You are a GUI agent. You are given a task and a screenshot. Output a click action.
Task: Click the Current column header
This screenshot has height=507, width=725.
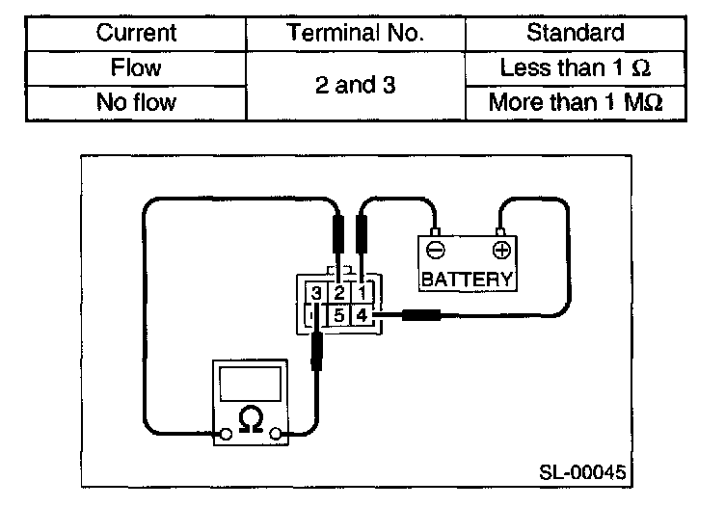click(x=136, y=33)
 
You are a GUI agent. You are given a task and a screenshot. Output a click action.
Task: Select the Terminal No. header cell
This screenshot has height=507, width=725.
click(x=356, y=33)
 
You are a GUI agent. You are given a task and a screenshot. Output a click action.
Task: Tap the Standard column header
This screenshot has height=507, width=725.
click(x=576, y=33)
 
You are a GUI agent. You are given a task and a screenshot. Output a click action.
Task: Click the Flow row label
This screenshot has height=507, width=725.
click(x=136, y=68)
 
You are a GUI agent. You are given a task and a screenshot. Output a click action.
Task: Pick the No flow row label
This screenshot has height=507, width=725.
click(x=136, y=102)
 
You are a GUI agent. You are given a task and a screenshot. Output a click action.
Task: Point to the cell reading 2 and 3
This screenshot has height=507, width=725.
click(x=356, y=85)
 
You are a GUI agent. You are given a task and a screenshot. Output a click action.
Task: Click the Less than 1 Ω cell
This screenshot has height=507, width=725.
click(x=576, y=68)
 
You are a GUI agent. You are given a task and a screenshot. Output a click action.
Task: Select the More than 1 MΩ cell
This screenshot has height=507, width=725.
click(x=576, y=102)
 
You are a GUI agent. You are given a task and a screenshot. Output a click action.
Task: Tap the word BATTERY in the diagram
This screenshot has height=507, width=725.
click(x=467, y=280)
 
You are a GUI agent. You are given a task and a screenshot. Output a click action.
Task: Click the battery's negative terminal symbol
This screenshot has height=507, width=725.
click(x=436, y=252)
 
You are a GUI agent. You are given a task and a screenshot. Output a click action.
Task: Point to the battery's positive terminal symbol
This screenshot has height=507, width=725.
click(x=499, y=252)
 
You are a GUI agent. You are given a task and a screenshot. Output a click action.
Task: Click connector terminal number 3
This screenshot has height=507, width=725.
click(x=316, y=293)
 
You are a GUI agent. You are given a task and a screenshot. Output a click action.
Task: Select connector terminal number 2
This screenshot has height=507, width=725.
click(x=338, y=293)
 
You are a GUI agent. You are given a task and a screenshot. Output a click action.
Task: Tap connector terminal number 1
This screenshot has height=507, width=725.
click(x=361, y=293)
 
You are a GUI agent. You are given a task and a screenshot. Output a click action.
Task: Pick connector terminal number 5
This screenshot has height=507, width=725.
click(x=338, y=315)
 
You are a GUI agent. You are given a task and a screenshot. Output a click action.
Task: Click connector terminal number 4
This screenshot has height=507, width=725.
click(x=361, y=315)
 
